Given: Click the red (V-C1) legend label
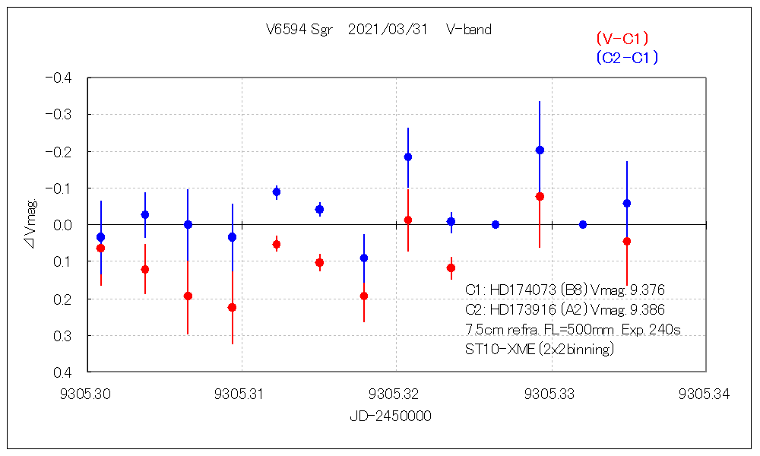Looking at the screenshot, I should tap(622, 38).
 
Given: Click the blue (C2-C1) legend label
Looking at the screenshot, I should tap(627, 57).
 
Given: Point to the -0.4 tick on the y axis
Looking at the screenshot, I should tap(59, 78).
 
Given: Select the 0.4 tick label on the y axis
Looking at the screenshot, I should tap(62, 372).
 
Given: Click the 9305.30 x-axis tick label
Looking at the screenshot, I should tap(89, 394).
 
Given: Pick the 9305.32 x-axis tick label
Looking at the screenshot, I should tap(396, 394).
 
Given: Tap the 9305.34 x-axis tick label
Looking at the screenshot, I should tap(706, 394).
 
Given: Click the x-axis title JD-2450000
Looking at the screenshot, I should tap(391, 417).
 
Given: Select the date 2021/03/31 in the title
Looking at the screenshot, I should tap(388, 30).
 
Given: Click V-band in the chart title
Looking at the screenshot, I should tap(469, 30).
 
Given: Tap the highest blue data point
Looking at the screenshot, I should tap(540, 150).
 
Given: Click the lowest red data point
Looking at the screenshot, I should tap(232, 307).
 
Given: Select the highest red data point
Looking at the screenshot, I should tap(540, 196).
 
